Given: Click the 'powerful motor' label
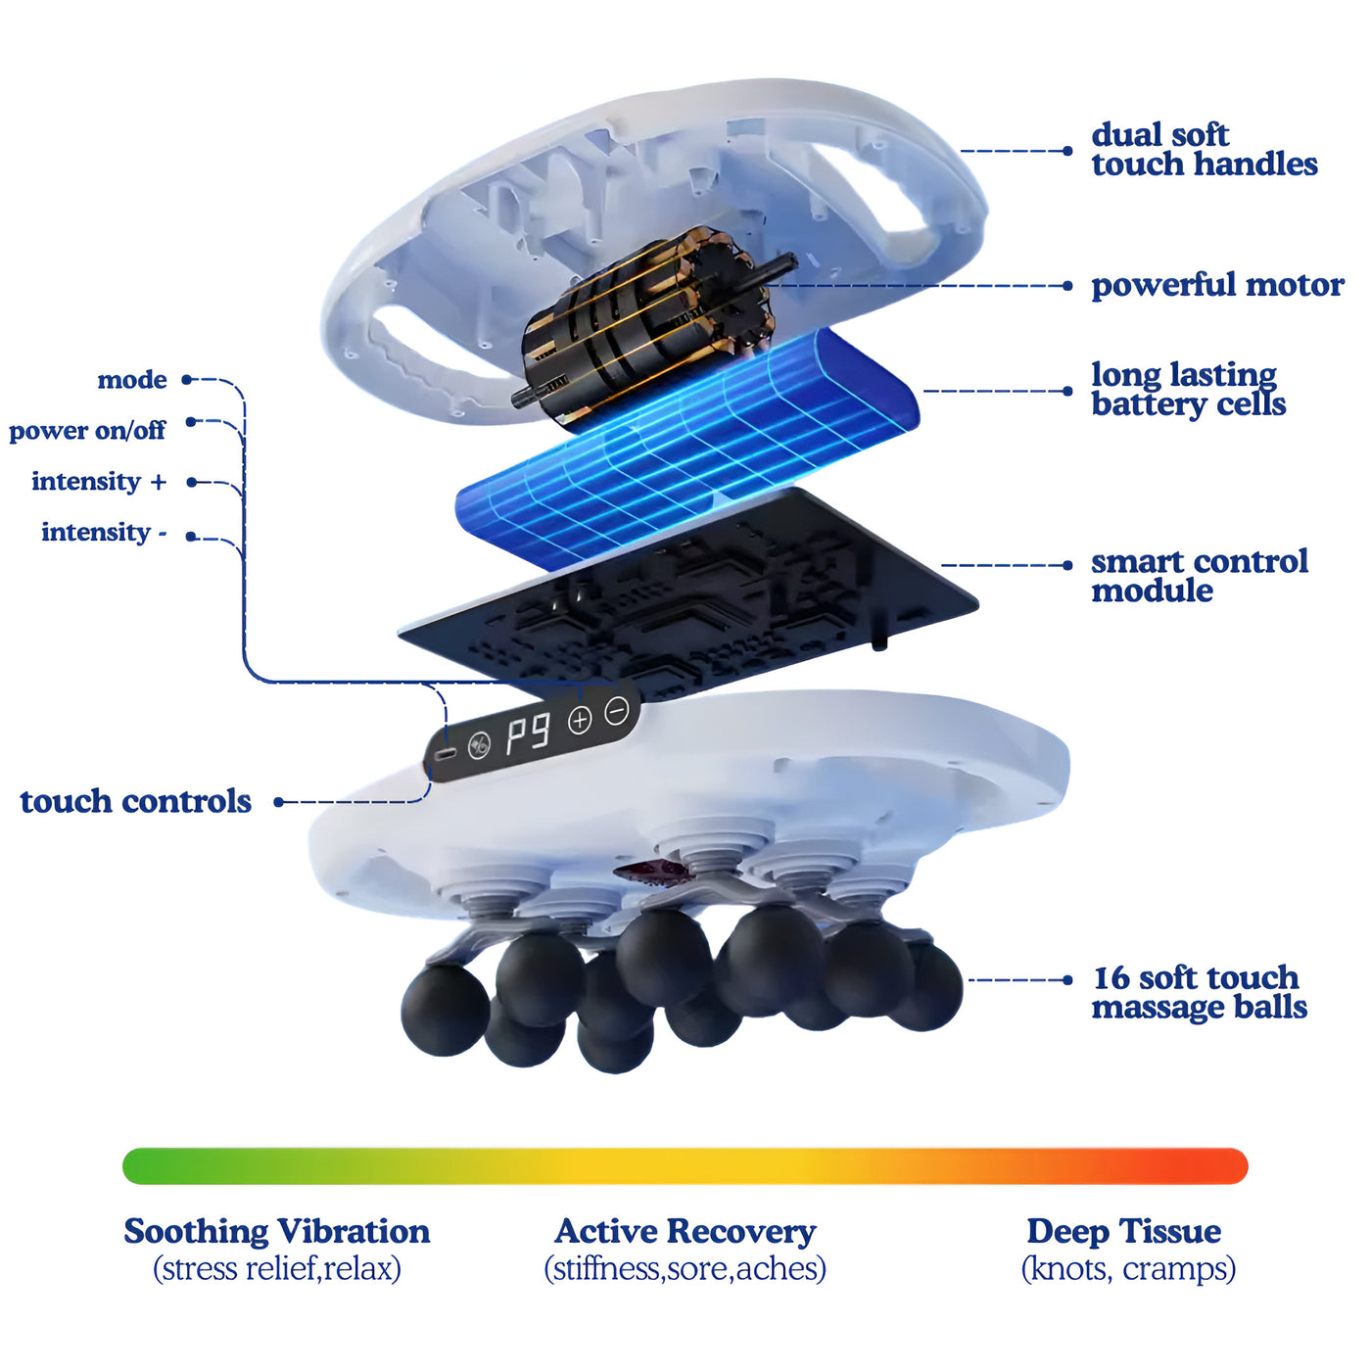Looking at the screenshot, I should (1217, 285).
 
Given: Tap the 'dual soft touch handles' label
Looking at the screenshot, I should (1204, 149).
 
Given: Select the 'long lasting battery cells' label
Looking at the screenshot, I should (1188, 389).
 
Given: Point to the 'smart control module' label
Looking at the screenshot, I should (1199, 575).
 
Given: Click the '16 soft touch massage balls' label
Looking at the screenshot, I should (1199, 991).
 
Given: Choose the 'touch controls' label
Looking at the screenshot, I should (135, 801).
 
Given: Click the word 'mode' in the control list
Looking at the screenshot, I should (132, 380).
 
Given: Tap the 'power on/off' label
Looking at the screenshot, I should (87, 430).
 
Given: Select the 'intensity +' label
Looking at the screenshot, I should (99, 481).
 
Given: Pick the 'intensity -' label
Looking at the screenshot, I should (104, 532).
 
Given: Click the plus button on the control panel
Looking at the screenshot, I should (580, 721).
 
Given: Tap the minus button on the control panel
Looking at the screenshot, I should (616, 711).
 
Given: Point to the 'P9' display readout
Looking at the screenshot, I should (528, 733).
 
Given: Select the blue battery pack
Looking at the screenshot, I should (685, 446).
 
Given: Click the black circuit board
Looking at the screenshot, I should (685, 597).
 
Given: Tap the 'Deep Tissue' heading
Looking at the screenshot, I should (1123, 1230).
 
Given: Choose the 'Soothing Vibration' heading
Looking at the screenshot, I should (276, 1230).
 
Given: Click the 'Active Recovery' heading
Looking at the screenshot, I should (685, 1230).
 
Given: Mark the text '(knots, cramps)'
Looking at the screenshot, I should (1128, 1269).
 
